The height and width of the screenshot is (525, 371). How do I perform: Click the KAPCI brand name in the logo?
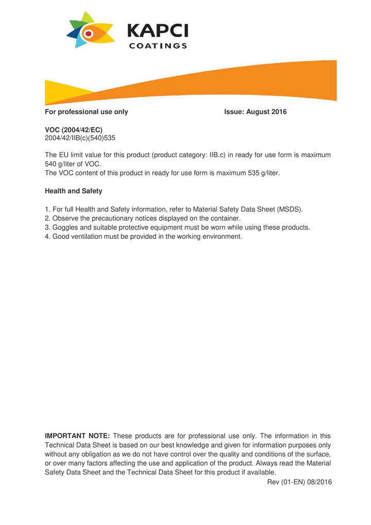[x=157, y=30]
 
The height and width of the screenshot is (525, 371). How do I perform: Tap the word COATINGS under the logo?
[x=157, y=46]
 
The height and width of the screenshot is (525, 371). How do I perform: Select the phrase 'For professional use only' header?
[x=87, y=112]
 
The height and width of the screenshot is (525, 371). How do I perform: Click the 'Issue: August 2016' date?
[x=255, y=112]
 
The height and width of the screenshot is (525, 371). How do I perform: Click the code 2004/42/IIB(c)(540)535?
[x=80, y=139]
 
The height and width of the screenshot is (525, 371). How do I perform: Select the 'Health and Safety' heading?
[x=74, y=191]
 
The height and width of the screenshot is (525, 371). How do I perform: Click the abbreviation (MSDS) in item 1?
[x=290, y=209]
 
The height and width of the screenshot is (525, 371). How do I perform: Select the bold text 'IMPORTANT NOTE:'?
[x=78, y=436]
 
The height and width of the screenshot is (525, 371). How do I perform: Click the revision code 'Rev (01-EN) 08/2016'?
[x=299, y=482]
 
